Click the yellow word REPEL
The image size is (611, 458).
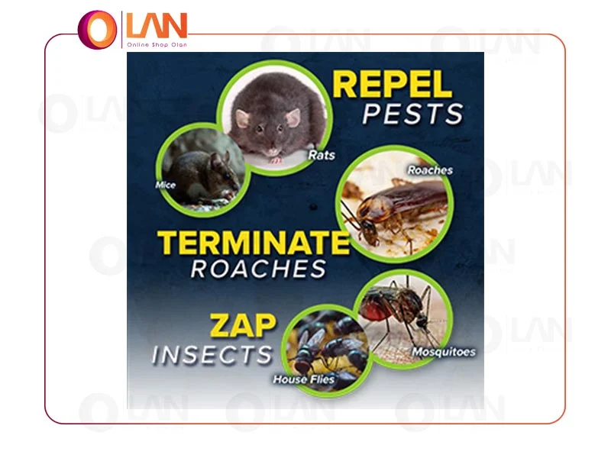click(392, 85)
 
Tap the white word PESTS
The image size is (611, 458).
click(413, 114)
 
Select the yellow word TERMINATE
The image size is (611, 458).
click(254, 243)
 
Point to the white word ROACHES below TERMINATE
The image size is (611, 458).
click(258, 269)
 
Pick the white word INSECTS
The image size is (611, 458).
click(212, 355)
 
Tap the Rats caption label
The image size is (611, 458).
click(322, 155)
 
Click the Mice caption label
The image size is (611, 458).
click(166, 185)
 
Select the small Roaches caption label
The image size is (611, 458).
click(430, 170)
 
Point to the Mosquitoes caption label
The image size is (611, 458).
click(444, 352)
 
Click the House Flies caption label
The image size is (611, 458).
click(303, 379)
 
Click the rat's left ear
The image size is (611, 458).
click(241, 118)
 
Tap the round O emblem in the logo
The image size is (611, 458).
click(97, 30)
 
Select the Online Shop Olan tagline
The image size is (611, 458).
click(157, 45)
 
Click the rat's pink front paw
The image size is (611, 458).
click(276, 160)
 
